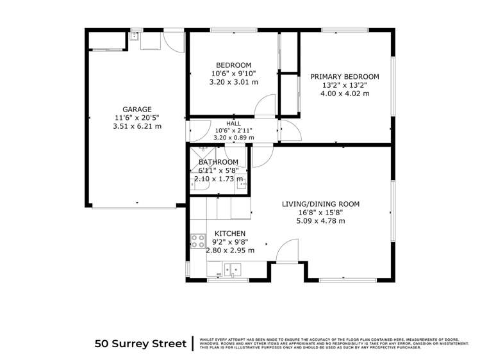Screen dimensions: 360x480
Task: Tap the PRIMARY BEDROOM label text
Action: click(x=345, y=77)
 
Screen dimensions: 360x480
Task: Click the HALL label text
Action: click(x=233, y=123)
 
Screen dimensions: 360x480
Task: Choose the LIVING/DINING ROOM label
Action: click(x=321, y=204)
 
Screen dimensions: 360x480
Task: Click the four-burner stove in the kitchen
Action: click(x=197, y=242)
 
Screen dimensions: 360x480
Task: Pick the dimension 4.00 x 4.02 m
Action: click(x=345, y=94)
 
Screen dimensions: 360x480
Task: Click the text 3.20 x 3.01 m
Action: click(x=233, y=82)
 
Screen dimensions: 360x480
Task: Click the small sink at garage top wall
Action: click(x=135, y=37)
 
